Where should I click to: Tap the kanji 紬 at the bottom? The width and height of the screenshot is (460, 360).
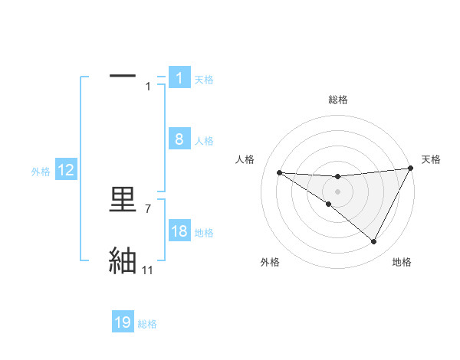123,261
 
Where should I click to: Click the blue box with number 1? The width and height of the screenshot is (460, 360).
179,78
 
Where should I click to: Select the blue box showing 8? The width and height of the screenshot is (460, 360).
179,139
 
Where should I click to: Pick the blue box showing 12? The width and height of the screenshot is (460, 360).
66,170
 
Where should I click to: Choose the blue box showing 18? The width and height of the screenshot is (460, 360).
179,231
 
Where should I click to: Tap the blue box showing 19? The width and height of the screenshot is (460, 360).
123,323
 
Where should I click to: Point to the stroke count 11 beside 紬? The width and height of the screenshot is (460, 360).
148,270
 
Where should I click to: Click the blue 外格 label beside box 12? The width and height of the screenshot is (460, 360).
41,172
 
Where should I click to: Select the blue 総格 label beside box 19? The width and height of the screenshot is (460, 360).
147,324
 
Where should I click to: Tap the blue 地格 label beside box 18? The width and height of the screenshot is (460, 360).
204,233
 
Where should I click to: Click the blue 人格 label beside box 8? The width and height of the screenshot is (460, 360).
204,141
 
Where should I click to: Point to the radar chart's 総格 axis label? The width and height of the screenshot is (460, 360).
338,100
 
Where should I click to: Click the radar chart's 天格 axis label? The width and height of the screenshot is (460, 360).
432,159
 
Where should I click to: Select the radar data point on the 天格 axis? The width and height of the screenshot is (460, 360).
410,169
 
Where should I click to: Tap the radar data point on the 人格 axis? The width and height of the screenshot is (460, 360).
279,172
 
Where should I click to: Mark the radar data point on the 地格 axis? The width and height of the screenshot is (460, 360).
374,242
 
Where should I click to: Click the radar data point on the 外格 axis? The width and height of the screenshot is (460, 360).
329,204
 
